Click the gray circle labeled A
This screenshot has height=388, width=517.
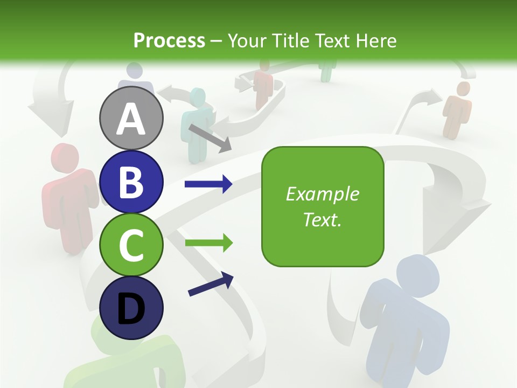click(x=131, y=118)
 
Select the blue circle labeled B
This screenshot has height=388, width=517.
click(x=131, y=182)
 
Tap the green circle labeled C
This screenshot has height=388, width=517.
click(x=131, y=245)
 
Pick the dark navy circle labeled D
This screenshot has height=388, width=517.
click(x=131, y=308)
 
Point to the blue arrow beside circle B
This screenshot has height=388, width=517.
click(x=208, y=184)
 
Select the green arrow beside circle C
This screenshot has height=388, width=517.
click(x=208, y=242)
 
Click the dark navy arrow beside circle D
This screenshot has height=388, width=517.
click(x=211, y=283)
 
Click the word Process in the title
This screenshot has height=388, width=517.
click(x=169, y=40)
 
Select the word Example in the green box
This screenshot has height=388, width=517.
click(x=323, y=194)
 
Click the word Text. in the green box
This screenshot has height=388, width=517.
click(x=323, y=219)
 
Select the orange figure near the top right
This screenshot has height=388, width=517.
click(x=457, y=108)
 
